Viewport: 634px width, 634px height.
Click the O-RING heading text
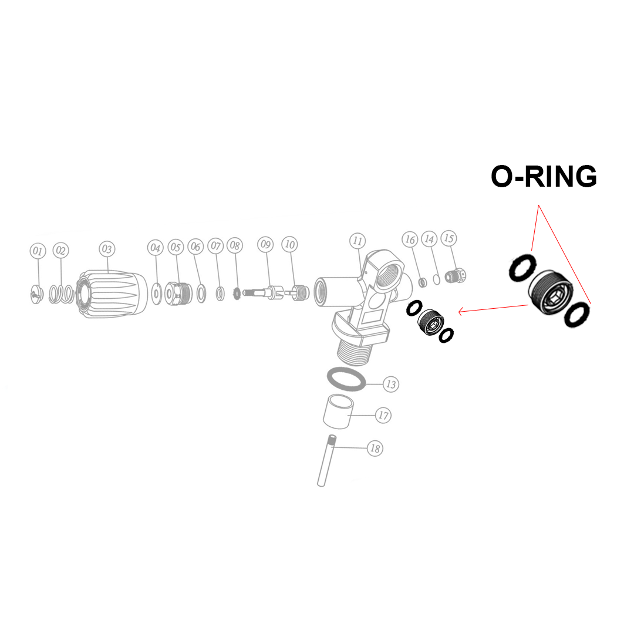544,177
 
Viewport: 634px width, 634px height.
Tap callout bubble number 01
38,251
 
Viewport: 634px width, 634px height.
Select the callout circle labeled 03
107,249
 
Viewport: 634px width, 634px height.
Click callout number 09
265,244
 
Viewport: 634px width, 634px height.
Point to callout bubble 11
358,241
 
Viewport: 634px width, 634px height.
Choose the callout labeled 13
390,384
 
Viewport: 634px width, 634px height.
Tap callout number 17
383,415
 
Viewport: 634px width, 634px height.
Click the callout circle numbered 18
375,448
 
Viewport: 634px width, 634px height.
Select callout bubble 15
449,238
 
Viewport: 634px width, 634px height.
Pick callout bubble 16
410,240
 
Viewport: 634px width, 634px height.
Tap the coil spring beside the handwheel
62,294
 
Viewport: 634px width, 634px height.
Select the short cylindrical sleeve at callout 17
338,412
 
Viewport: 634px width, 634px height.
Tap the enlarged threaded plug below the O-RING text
551,292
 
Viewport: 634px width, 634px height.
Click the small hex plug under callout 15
456,276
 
